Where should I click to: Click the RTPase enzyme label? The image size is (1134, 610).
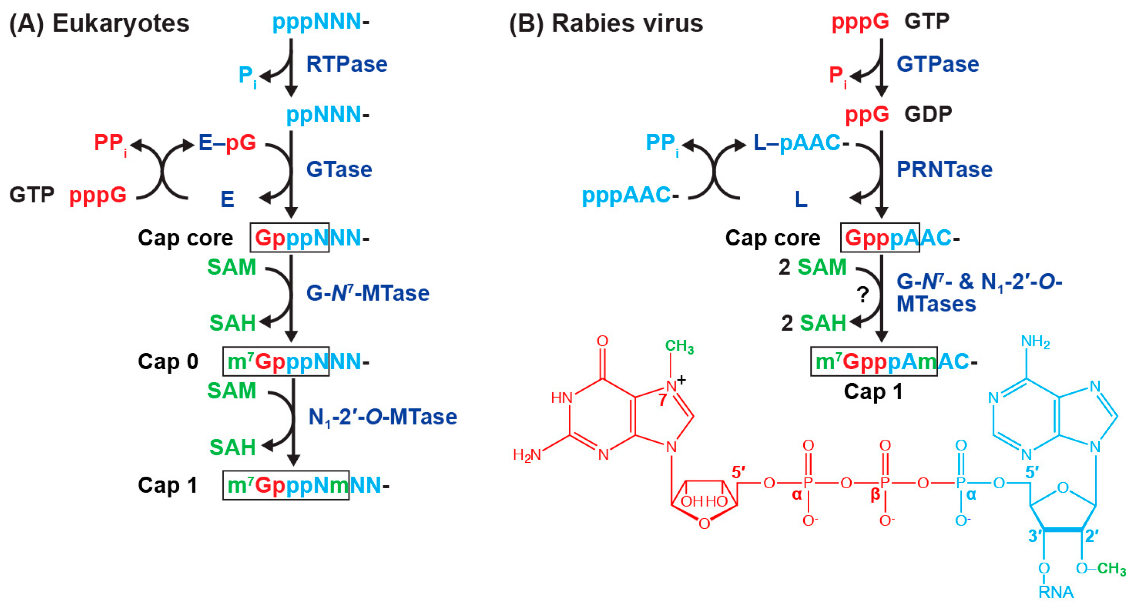coord(347,64)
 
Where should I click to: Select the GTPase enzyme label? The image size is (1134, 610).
coord(938,64)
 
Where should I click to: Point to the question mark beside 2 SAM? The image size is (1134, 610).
coord(863,294)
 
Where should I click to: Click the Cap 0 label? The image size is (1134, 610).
coord(168,361)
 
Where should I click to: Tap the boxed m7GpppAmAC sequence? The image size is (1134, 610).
coord(874,361)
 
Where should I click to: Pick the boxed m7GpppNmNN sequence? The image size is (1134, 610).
coord(286,485)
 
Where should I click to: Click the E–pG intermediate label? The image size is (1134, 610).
coord(227,143)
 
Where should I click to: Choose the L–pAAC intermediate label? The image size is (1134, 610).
coord(797,143)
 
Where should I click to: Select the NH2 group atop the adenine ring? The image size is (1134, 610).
coord(1035,342)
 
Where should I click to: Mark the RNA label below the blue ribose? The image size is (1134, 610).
coord(1056,592)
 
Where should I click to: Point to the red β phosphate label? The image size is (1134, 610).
coord(875,494)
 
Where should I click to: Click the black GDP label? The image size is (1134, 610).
coord(928,114)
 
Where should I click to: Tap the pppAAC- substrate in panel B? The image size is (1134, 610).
coord(630,195)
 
